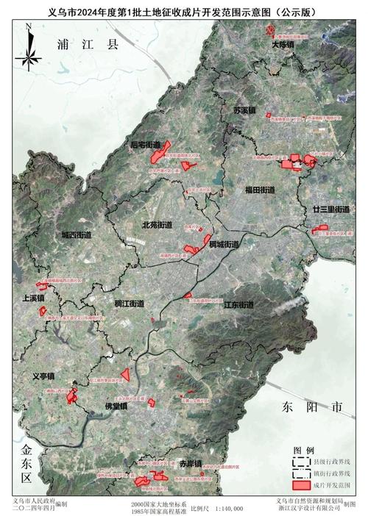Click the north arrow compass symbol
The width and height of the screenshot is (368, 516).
27,48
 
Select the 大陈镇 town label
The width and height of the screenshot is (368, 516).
282,44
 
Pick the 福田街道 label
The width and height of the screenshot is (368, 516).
260,190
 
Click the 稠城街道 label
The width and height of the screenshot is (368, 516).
224,244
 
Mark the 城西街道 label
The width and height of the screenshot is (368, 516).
77,235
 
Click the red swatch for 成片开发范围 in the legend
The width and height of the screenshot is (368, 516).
300,486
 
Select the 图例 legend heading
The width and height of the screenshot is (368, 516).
304,450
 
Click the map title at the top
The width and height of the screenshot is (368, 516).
184,11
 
